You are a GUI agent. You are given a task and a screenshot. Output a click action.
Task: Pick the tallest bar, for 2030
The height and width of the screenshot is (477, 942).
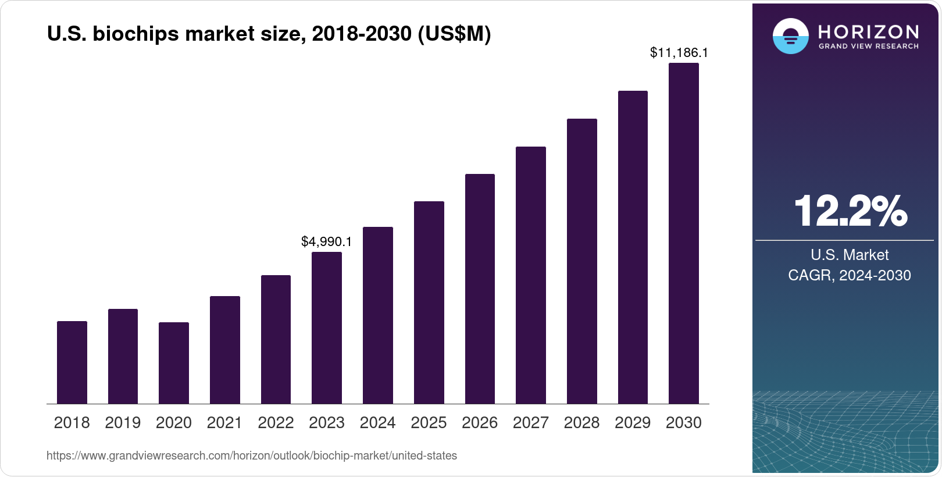pos(684,233)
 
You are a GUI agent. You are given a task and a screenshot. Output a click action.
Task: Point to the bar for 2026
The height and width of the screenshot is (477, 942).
pos(480,289)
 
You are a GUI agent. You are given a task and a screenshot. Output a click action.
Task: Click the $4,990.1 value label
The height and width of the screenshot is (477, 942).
pos(326,241)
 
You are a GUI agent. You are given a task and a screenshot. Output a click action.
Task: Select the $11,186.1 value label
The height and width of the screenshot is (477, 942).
pos(679,53)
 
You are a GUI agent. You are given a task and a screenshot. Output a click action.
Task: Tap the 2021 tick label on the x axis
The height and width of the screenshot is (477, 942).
pos(224,423)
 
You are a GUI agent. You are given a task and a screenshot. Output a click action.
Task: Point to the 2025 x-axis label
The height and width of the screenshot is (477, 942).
pos(429,423)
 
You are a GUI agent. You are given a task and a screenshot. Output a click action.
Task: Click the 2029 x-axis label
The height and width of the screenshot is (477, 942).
pos(633,423)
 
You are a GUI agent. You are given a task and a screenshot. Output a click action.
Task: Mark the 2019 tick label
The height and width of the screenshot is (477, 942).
pos(123,423)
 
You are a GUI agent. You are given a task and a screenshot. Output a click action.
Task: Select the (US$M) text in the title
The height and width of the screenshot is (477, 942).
pos(454,34)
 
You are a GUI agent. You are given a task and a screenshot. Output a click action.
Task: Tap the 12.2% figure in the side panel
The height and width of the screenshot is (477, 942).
pos(850,211)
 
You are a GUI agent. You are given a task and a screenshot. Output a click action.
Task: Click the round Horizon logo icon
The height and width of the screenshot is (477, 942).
pos(790,37)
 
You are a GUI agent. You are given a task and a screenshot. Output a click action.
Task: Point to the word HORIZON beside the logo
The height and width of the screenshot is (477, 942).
pos(868,31)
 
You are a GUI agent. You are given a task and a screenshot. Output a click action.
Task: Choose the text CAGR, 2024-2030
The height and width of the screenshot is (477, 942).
pos(849,275)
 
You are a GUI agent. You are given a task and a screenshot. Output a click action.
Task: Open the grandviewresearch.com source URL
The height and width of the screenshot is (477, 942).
pos(251,456)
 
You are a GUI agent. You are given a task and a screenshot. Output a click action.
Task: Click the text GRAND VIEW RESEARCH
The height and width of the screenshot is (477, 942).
pos(868,47)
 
